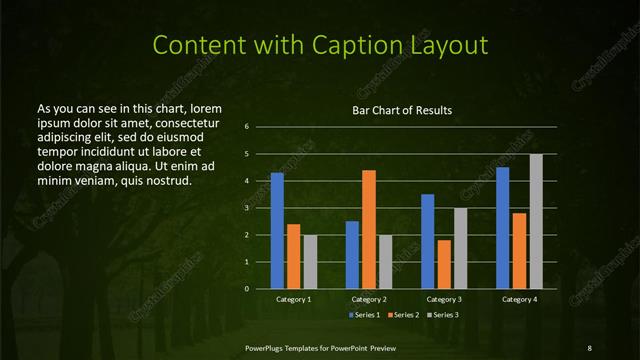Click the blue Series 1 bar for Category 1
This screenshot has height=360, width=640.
[277, 231]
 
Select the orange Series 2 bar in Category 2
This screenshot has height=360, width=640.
[369, 229]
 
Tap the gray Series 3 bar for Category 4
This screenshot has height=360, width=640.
[536, 221]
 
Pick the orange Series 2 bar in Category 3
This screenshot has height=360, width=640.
[444, 264]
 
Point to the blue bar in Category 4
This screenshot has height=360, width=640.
[503, 228]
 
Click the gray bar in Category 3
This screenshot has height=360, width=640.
[460, 248]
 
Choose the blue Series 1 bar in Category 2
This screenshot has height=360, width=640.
[352, 255]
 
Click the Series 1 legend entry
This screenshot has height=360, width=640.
[364, 315]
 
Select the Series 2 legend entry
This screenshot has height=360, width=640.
[404, 315]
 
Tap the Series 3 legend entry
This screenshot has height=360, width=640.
[444, 315]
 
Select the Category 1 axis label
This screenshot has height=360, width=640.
[294, 299]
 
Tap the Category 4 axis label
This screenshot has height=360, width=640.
[519, 299]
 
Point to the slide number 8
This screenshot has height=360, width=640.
[589, 347]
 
